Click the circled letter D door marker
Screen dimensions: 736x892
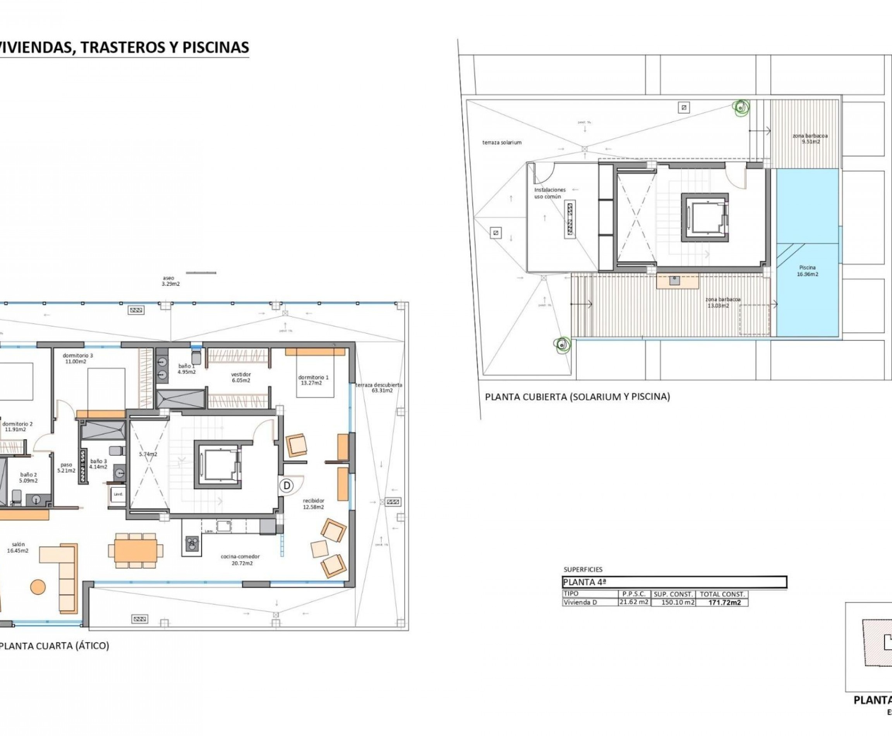click(287, 485)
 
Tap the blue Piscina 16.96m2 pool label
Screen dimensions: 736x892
click(807, 270)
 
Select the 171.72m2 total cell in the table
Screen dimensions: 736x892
click(725, 602)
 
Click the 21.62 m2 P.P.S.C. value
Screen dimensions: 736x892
click(634, 602)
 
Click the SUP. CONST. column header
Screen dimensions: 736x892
click(673, 594)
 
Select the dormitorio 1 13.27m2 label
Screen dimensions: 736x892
click(313, 380)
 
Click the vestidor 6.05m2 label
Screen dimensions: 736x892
click(241, 377)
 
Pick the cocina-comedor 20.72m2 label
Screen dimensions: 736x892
click(240, 560)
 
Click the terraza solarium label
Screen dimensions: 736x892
click(502, 143)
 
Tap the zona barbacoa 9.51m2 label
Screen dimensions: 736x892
click(810, 139)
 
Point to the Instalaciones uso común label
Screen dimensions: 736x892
click(549, 193)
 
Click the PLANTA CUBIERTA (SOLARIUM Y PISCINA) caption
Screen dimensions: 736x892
click(577, 397)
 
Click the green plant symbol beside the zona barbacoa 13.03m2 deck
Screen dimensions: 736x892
click(563, 344)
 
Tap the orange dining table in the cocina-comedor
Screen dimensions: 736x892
click(136, 550)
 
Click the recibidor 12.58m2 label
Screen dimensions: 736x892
click(313, 504)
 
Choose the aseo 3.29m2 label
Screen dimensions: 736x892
click(170, 281)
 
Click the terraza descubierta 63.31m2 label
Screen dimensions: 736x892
click(379, 387)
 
